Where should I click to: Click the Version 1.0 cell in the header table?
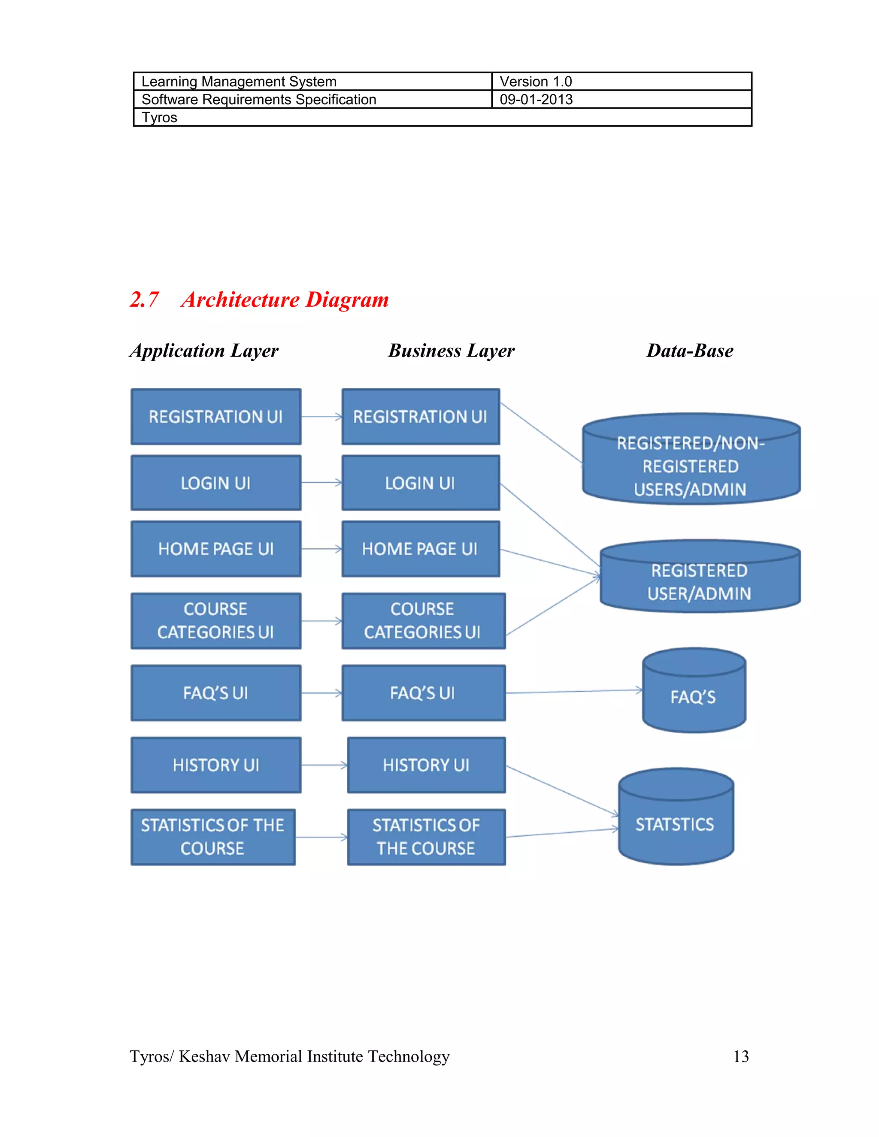(535, 82)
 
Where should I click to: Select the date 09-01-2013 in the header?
(536, 100)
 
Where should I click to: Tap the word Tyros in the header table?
(159, 118)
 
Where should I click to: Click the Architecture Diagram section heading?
(284, 300)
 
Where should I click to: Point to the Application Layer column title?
(204, 351)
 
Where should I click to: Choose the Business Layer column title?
(451, 351)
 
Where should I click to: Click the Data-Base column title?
(689, 351)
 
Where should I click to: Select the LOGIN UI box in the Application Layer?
(215, 483)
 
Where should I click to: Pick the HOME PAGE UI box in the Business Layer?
(420, 549)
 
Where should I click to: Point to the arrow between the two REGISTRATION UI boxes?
(321, 417)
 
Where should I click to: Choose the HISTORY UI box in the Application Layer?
(215, 765)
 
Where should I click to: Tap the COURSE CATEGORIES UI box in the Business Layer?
(423, 620)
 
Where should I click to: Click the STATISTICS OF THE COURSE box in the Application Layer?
(212, 837)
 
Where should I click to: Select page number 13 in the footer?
(740, 1056)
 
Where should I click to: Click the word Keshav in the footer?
(204, 1056)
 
